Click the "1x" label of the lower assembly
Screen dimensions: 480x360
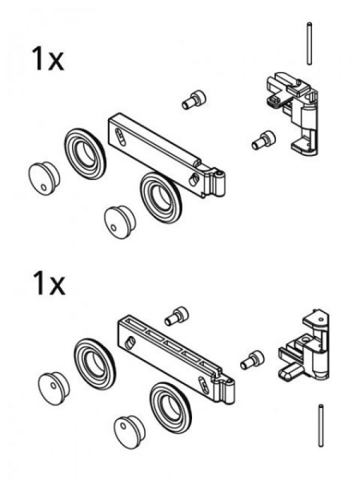47,286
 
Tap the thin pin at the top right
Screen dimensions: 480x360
307,43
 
